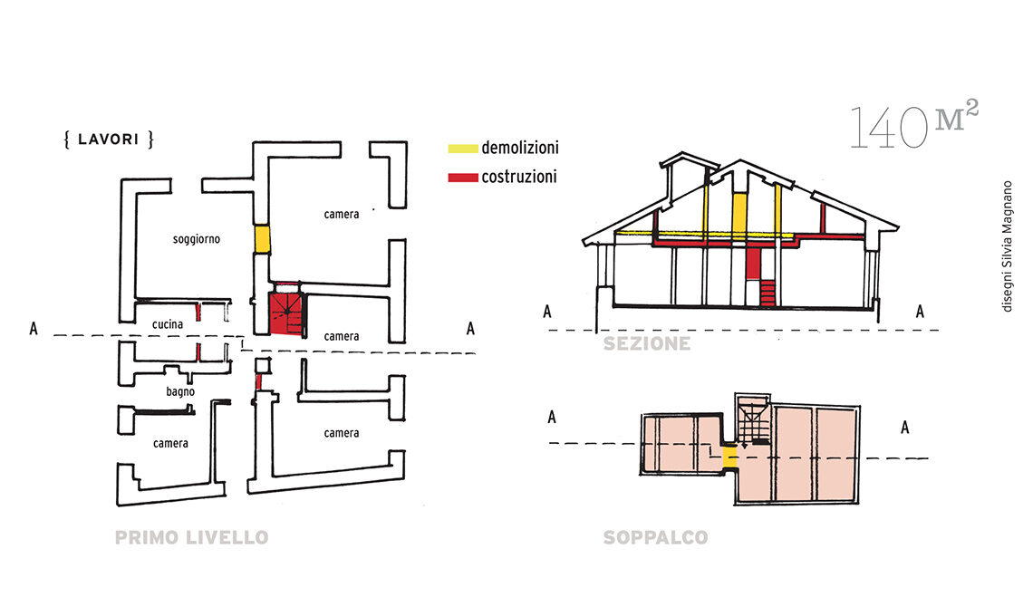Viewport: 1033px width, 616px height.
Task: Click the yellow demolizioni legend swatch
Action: [462, 148]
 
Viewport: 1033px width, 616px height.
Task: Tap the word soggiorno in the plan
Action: [198, 240]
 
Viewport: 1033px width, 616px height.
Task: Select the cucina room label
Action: [168, 323]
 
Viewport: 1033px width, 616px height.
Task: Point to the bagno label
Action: [180, 391]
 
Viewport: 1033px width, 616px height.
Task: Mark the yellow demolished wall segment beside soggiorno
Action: [262, 239]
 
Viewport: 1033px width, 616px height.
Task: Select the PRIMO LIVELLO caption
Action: [191, 538]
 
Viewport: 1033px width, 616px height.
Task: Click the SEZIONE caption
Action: [647, 344]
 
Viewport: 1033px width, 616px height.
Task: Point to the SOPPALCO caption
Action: [655, 538]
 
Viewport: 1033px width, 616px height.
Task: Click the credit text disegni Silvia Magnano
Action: [1006, 246]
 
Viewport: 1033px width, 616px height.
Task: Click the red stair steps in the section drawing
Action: [769, 293]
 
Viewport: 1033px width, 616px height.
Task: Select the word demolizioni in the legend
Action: [519, 148]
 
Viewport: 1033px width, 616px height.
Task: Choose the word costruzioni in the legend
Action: [519, 178]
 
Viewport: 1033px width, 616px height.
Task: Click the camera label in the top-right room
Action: [342, 215]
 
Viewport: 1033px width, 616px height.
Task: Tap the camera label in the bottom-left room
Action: [170, 443]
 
